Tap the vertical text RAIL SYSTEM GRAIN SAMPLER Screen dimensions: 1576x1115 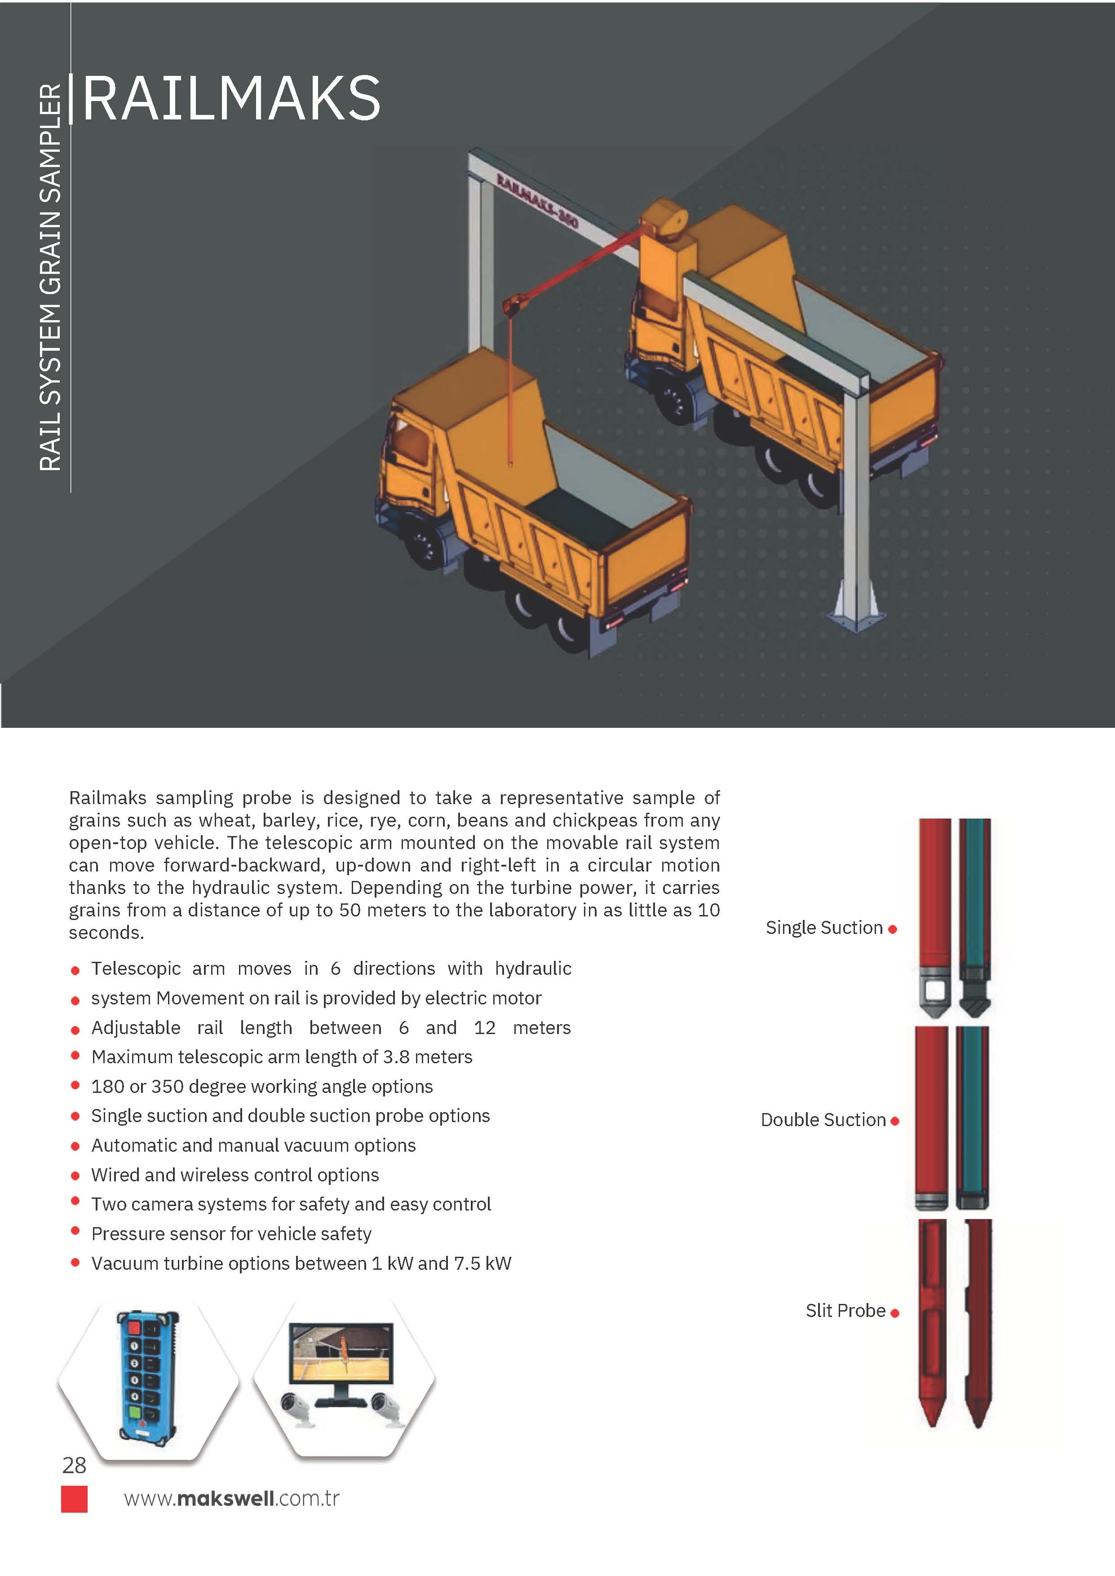coord(50,277)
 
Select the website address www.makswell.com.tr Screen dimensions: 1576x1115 coord(231,1498)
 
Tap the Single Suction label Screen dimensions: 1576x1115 coord(824,928)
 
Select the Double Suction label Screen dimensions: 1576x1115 coord(823,1120)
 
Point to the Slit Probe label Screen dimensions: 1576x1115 coord(845,1311)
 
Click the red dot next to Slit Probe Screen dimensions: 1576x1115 coord(894,1313)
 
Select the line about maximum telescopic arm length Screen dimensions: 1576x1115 coord(282,1057)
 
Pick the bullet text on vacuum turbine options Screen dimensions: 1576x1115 coord(301,1263)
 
